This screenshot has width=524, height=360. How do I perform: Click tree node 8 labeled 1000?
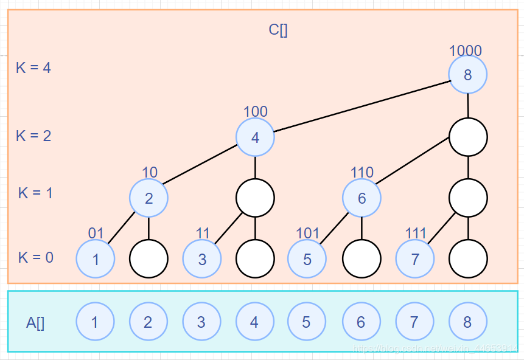point(467,75)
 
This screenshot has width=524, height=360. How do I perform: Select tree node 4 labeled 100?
point(255,137)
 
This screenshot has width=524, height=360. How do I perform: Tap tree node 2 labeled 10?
point(148,198)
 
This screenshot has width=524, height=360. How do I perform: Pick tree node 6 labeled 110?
point(362,198)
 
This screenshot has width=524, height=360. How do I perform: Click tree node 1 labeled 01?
point(96,259)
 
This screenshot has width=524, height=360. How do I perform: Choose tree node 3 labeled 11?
point(202,259)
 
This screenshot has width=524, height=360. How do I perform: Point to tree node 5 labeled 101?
point(307,259)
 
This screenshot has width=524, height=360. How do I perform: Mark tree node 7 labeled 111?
point(415,259)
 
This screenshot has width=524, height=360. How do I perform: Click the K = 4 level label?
point(33,67)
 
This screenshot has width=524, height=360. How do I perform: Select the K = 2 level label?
point(33,136)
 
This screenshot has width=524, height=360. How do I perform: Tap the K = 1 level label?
point(35,193)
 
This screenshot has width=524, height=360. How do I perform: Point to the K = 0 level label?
point(35,257)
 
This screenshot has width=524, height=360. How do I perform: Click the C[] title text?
point(278,30)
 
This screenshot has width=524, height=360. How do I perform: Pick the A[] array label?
point(35,323)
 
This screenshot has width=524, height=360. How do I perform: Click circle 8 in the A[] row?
point(467,322)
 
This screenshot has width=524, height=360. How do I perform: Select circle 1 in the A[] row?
point(95,322)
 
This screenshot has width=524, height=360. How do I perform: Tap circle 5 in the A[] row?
point(307,322)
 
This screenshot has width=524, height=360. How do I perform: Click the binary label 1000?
point(466,51)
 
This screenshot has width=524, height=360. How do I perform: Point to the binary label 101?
point(307,234)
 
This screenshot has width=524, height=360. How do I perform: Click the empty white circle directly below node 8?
point(468,137)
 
